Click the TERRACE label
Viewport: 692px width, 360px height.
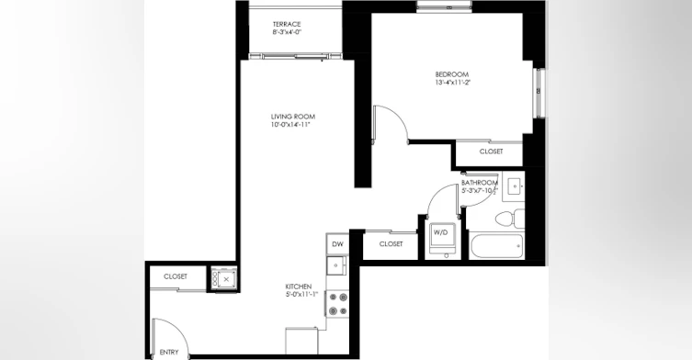287,24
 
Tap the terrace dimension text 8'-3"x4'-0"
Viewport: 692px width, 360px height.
287,32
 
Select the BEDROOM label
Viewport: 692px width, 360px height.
452,74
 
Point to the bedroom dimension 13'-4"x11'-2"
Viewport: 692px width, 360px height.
453,83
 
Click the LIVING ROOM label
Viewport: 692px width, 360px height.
293,117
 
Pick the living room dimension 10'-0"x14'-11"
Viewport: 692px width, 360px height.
293,125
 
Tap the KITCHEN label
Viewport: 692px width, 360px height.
299,287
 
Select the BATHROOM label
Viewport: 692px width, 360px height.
480,183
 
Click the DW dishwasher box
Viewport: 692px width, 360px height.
337,244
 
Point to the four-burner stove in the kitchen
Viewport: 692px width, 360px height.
337,304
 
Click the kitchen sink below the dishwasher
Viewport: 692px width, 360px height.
337,265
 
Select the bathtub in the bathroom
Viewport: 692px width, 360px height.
497,246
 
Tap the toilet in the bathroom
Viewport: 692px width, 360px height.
510,219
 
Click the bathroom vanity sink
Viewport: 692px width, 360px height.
514,186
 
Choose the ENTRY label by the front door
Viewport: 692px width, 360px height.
169,353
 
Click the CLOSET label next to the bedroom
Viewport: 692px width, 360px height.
491,152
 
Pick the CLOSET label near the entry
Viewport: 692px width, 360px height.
176,276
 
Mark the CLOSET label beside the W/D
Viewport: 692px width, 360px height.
391,244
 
